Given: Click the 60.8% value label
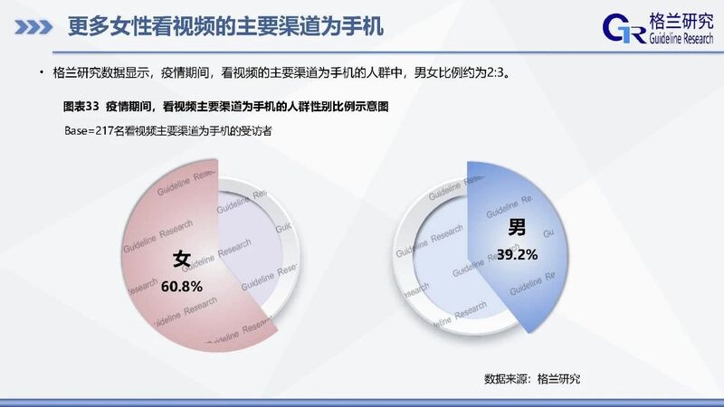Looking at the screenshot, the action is point(182,287).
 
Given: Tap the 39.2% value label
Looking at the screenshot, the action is point(517,255).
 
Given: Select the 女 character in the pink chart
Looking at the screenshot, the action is point(182,259).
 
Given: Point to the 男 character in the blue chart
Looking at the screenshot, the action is point(517,227).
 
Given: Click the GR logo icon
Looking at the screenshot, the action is point(624,29).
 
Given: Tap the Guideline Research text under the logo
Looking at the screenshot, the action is point(681,38).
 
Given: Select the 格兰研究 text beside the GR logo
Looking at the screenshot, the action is point(681,21).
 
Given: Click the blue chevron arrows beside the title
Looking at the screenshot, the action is point(33,27).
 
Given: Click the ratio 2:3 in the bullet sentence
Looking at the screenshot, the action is point(495,73).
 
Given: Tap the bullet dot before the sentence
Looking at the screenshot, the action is point(42,72).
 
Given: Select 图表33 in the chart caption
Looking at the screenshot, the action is point(81,107).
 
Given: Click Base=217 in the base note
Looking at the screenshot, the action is point(82,131).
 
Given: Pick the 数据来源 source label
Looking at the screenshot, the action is point(506,379).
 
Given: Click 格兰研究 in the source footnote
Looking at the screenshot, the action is point(558,379).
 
